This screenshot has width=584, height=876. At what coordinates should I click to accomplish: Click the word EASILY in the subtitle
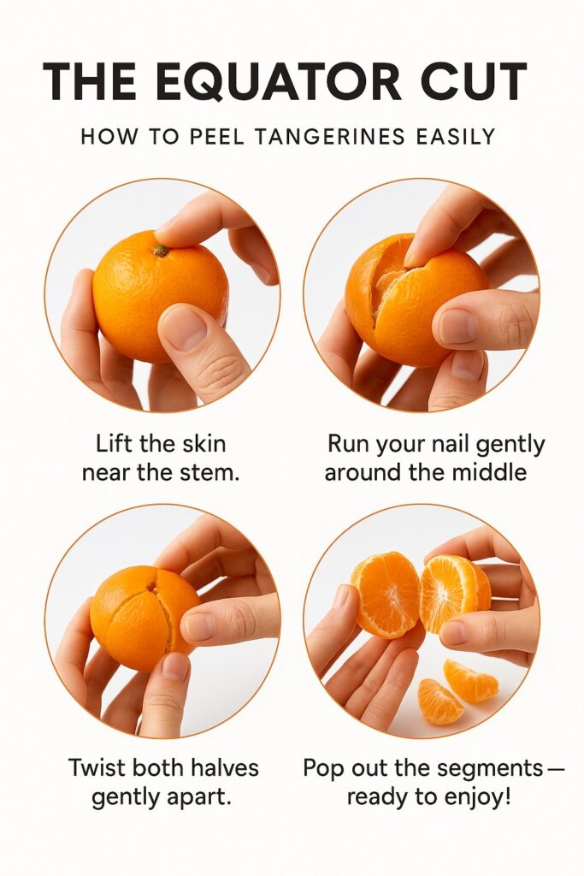pos(452,136)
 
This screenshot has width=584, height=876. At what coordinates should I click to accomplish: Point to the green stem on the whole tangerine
pos(160,251)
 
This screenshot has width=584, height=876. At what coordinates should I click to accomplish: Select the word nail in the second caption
pos(467,445)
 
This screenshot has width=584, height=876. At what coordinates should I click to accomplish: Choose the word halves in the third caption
pos(221,767)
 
